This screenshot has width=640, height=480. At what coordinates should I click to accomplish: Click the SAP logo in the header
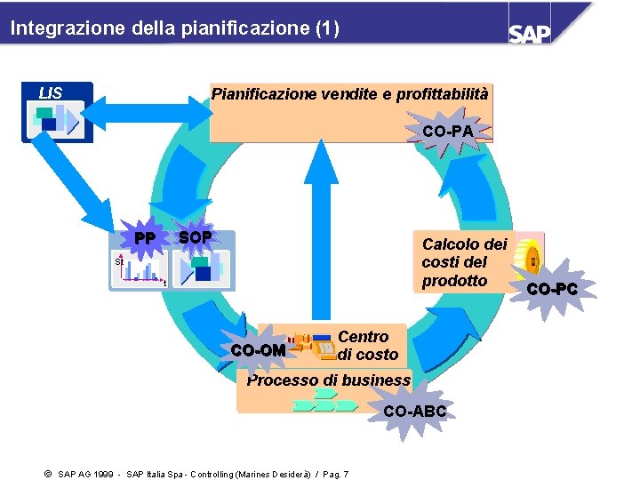coord(530,32)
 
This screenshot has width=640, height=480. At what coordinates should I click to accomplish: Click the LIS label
coord(51,93)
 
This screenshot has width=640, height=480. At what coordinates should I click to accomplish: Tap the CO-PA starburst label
coord(448,132)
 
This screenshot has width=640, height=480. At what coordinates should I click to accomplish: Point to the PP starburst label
coord(145,239)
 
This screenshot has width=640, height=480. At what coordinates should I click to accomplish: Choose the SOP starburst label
coord(196,237)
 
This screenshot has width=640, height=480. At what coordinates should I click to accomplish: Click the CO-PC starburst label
coord(551,289)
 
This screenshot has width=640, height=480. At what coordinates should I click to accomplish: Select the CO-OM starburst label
coord(258,350)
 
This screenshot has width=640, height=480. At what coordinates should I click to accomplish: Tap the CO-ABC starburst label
coord(414,412)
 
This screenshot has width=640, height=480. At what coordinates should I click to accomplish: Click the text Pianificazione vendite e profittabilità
coord(349,93)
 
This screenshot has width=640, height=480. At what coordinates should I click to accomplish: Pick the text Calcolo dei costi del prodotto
coord(464,262)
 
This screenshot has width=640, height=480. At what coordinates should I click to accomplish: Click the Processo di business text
coord(328,380)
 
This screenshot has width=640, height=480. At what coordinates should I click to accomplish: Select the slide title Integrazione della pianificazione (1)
coord(174,28)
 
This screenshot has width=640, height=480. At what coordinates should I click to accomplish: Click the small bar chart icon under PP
coord(140,270)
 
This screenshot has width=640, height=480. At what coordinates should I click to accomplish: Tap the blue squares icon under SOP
coord(204,268)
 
